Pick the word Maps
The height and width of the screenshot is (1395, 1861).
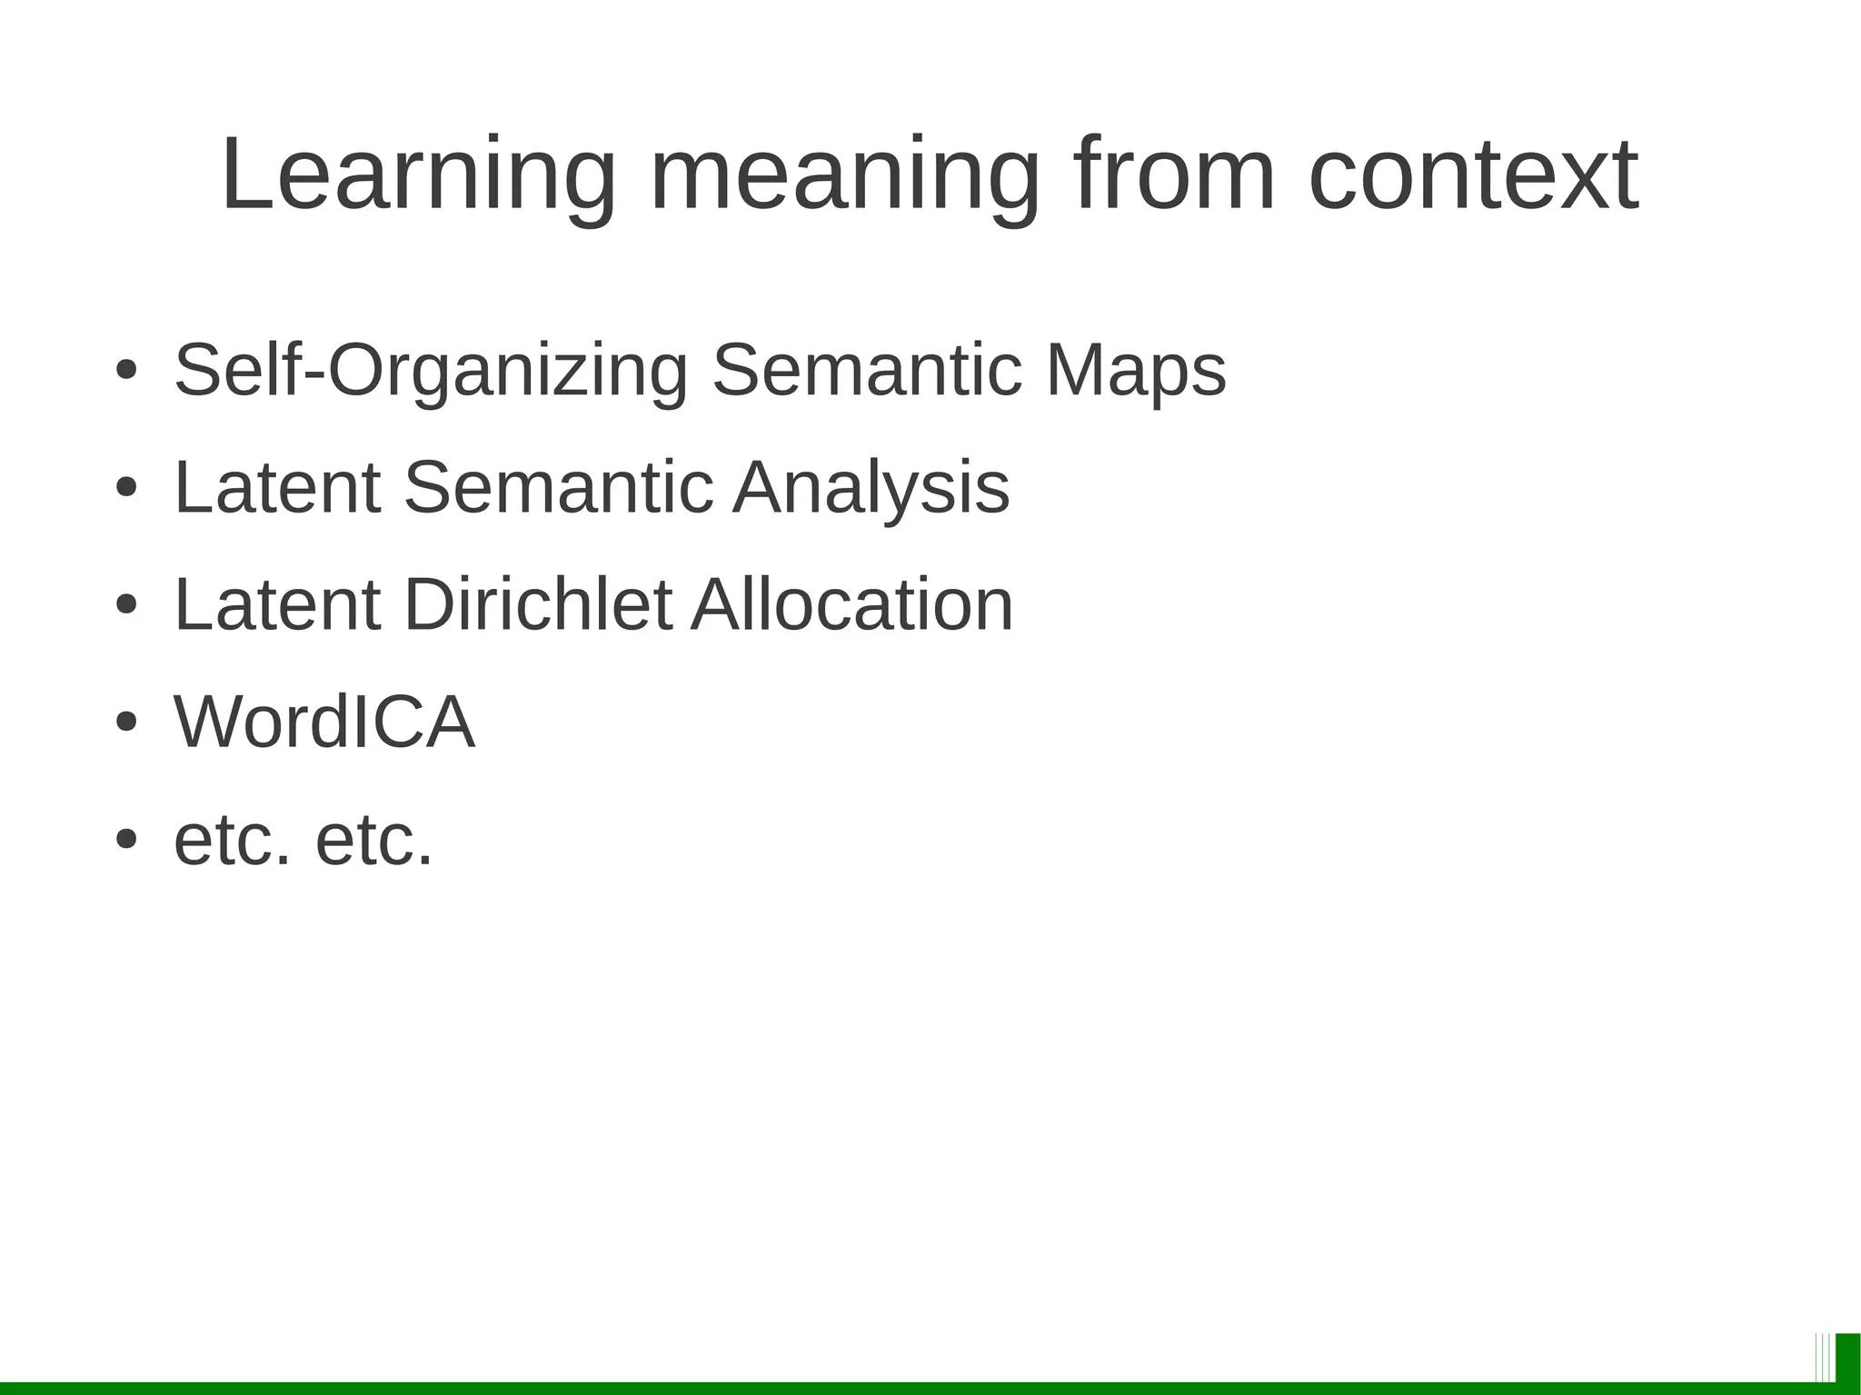(1136, 371)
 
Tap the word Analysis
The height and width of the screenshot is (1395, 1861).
(871, 488)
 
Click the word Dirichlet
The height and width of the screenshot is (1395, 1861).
(538, 604)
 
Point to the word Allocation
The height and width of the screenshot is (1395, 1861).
(852, 604)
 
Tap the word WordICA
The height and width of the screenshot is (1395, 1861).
(324, 722)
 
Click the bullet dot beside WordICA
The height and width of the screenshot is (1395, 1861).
(126, 722)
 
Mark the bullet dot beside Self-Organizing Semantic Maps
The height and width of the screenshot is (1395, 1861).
(126, 371)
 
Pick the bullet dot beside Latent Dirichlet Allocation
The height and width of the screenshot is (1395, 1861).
(126, 605)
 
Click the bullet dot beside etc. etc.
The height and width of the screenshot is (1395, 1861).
(126, 840)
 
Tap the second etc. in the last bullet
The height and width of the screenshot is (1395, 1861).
(373, 840)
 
